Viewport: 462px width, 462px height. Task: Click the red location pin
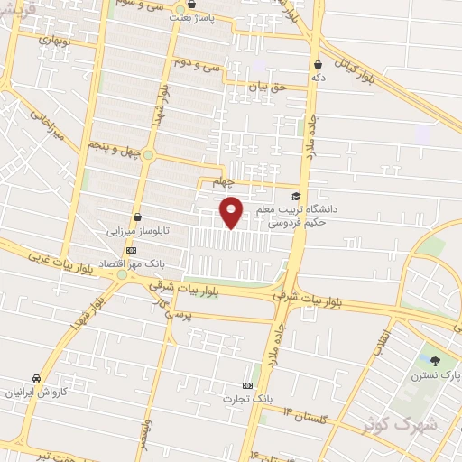(x=232, y=211)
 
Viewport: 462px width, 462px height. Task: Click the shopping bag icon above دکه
(x=319, y=64)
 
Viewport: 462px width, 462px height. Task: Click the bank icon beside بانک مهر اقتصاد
(x=132, y=250)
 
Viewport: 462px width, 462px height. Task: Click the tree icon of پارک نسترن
(x=436, y=360)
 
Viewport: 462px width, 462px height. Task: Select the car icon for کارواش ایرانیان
(x=35, y=377)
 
